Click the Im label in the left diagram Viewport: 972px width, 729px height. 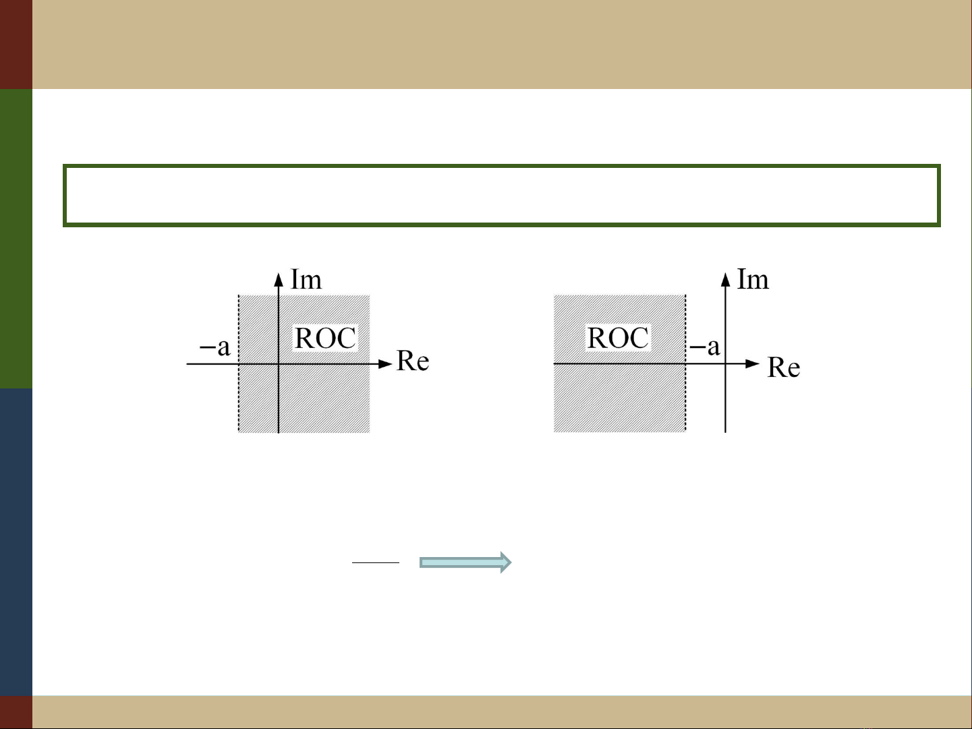(306, 280)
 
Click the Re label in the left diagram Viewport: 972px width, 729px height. (413, 361)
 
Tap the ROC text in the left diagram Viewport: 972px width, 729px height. (325, 339)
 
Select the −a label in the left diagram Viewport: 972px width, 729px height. (215, 347)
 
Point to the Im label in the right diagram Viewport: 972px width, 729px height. (753, 279)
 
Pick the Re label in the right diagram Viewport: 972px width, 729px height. (784, 368)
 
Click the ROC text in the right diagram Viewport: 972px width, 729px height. (618, 339)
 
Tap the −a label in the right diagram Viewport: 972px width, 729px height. (705, 347)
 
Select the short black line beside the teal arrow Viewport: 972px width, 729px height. (376, 562)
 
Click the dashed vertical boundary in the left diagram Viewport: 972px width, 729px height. (239, 398)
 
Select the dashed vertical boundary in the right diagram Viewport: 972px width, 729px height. (686, 398)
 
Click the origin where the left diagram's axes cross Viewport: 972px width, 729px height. (279, 364)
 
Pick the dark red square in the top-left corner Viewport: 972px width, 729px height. (16, 44)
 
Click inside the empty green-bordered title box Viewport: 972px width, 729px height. (501, 196)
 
